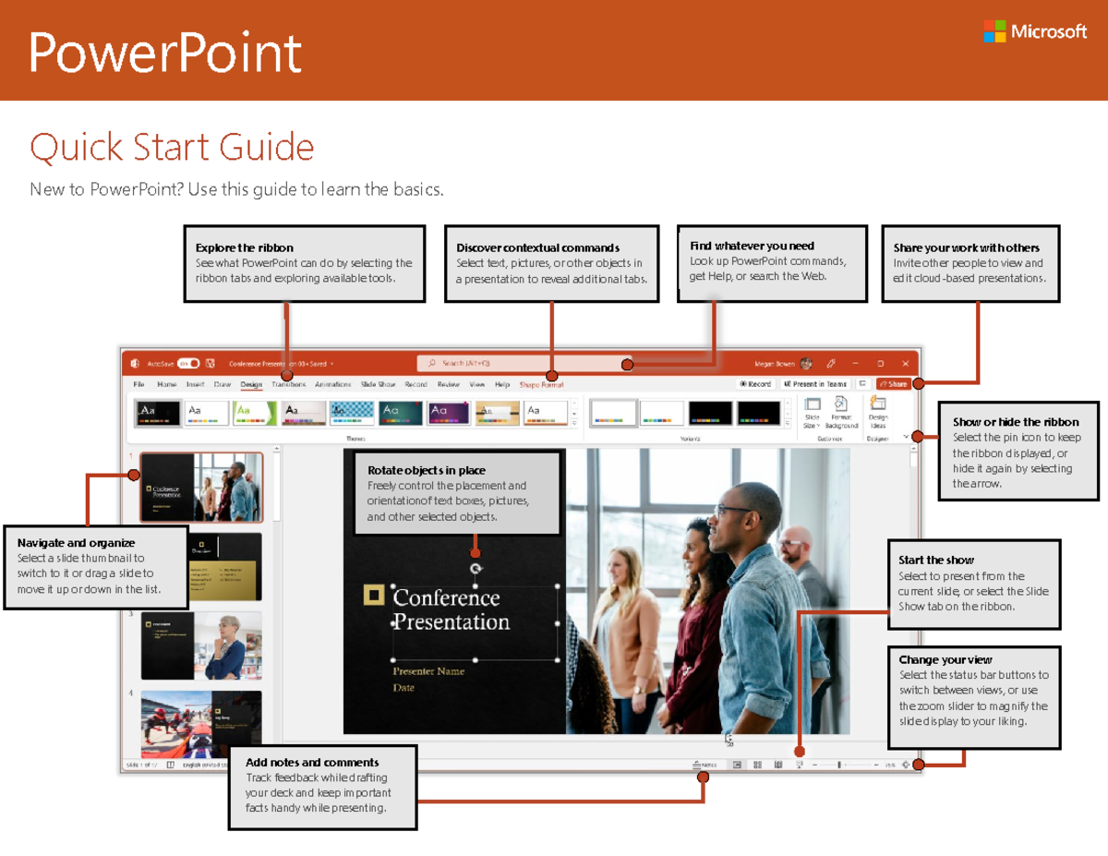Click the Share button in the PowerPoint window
click(x=894, y=384)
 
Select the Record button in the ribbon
click(x=755, y=384)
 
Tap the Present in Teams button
click(x=815, y=384)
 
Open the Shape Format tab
click(x=541, y=385)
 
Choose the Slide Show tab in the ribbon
click(x=378, y=384)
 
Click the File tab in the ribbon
click(x=138, y=384)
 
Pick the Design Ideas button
click(x=877, y=412)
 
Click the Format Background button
click(x=841, y=412)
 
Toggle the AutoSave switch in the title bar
click(x=188, y=364)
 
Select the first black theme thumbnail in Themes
click(x=157, y=412)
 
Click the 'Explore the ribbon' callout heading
click(x=245, y=247)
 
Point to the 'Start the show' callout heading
click(x=936, y=560)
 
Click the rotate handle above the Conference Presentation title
click(x=476, y=569)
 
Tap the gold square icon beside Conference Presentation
click(x=373, y=596)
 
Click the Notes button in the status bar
click(x=705, y=765)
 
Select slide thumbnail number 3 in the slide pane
click(x=200, y=645)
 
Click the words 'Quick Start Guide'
click(x=172, y=148)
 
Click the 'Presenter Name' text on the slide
click(x=428, y=671)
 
